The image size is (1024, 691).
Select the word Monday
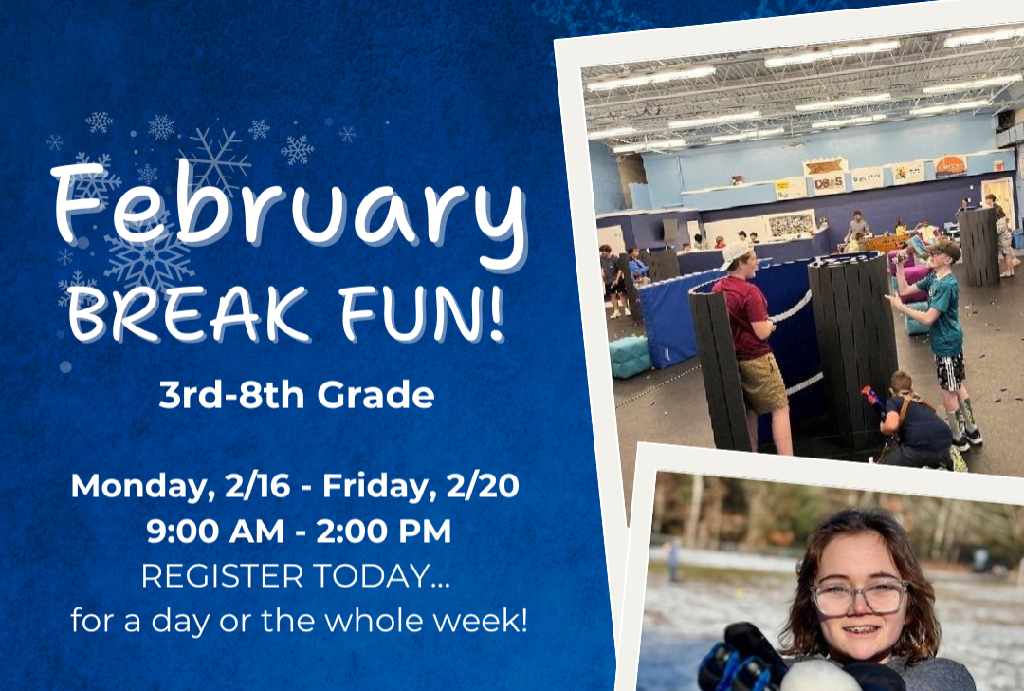coord(136,486)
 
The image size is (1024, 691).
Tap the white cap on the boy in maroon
coord(736,253)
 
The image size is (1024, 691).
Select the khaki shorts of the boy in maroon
coord(763,383)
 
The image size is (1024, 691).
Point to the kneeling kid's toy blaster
coord(871,397)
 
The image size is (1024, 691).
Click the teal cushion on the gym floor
coord(631,356)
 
